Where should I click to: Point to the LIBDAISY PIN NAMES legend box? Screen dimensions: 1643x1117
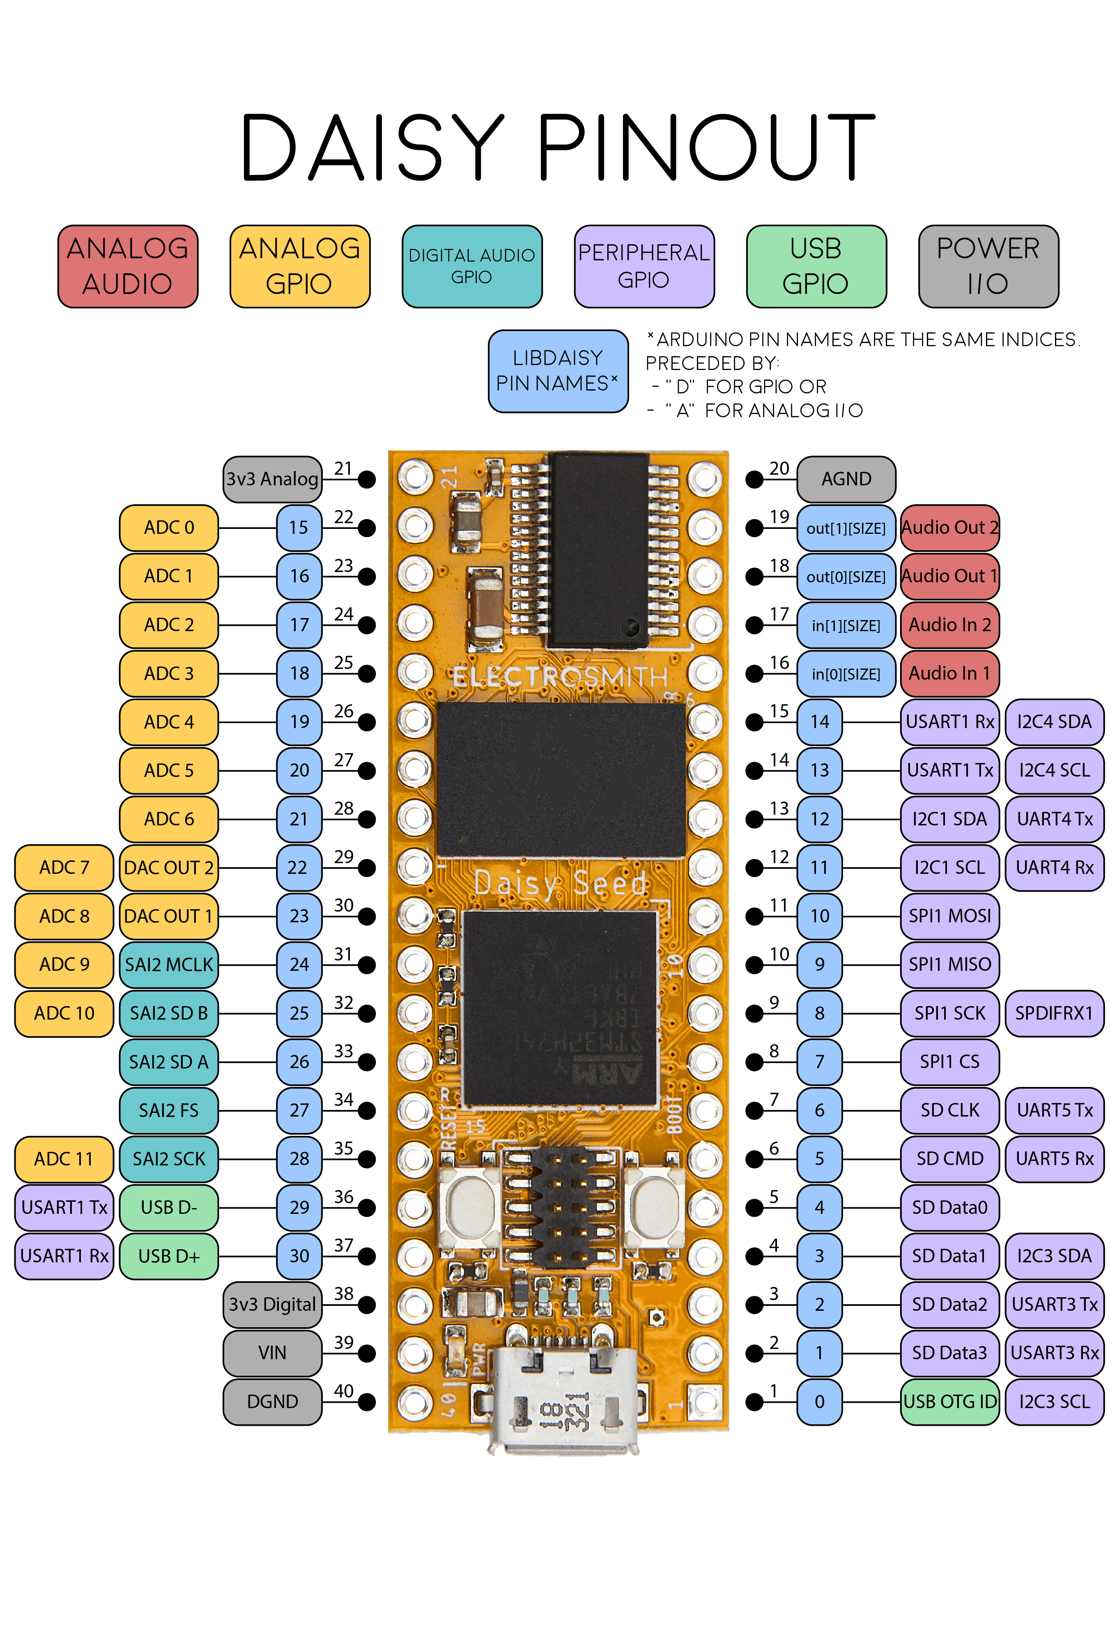coord(557,370)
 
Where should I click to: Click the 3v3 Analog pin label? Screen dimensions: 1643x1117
coord(272,479)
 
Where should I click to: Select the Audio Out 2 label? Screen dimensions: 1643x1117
coord(949,527)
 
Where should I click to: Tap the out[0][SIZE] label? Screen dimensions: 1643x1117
coord(846,576)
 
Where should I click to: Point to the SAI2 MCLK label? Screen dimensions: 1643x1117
coord(168,964)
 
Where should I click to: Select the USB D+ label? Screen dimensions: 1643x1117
coord(168,1256)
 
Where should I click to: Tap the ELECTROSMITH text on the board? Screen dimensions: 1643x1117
coord(560,677)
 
